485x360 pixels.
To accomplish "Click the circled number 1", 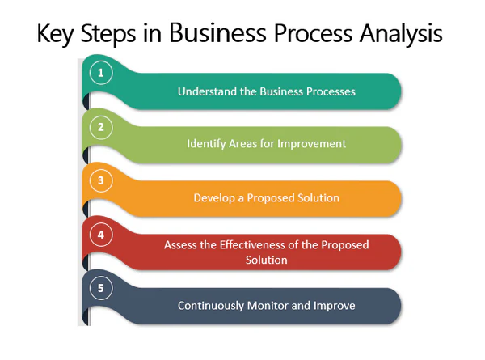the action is (101, 73).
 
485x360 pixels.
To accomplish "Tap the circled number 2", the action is (101, 127).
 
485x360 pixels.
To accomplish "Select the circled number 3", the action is (101, 180).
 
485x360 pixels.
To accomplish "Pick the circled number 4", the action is (101, 235).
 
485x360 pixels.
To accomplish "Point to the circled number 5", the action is (101, 288).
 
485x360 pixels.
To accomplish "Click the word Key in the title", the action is (55, 34).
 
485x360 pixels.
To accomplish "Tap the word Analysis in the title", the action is (401, 33).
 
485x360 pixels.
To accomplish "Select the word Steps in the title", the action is (108, 34).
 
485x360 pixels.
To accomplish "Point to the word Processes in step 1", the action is (331, 91).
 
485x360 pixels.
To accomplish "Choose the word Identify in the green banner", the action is (206, 144).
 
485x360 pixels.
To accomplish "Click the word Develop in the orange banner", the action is (214, 198).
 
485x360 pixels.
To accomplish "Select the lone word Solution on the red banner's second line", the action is (266, 260).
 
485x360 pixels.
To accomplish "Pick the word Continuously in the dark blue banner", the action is (211, 306).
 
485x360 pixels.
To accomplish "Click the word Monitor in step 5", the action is (268, 306).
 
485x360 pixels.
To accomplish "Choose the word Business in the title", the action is (217, 33).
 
